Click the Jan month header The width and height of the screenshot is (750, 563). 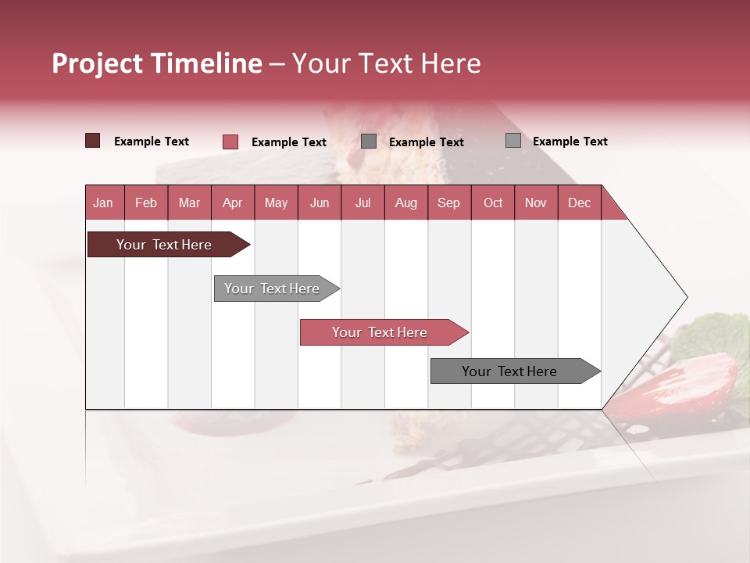pos(103,203)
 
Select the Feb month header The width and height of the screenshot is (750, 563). pos(146,203)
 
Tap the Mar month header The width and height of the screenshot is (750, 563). pos(189,203)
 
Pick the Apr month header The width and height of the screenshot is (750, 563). pos(232,203)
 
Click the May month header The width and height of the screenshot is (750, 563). pos(276,203)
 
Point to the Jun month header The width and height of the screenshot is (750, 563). pos(320,203)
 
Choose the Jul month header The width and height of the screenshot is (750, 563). pos(362,203)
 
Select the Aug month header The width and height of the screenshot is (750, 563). pos(405,203)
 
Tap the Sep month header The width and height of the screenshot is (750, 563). pos(448,203)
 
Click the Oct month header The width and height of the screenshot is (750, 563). pos(493,203)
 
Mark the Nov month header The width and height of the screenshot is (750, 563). pos(536,203)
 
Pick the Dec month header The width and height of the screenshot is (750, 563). pos(579,203)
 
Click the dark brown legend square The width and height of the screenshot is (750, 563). pos(92,141)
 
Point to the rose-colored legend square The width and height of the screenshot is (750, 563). pos(230,142)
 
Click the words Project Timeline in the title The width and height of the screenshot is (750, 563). pos(156,63)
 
